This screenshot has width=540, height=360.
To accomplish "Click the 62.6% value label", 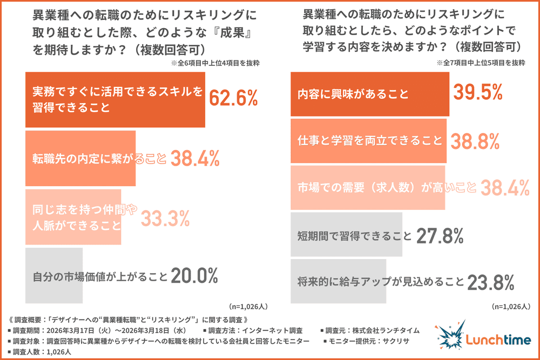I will pyautogui.click(x=233, y=99).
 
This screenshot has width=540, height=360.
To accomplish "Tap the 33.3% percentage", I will pyautogui.click(x=165, y=218).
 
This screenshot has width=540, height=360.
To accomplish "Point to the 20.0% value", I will pyautogui.click(x=194, y=276).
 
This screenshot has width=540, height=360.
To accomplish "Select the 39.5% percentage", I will pyautogui.click(x=478, y=93).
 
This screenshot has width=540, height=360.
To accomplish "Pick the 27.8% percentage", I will pyautogui.click(x=440, y=236).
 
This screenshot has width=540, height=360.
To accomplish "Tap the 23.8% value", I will pyautogui.click(x=489, y=282).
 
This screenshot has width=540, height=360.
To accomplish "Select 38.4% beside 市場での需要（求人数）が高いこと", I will pyautogui.click(x=504, y=188).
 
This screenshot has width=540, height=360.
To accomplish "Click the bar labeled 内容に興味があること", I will pyautogui.click(x=369, y=93).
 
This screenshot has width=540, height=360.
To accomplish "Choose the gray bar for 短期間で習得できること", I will pyautogui.click(x=346, y=235).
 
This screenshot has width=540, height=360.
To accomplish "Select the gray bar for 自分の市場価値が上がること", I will pyautogui.click(x=53, y=276).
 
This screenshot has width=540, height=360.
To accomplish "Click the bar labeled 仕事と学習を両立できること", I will pyautogui.click(x=368, y=141).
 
